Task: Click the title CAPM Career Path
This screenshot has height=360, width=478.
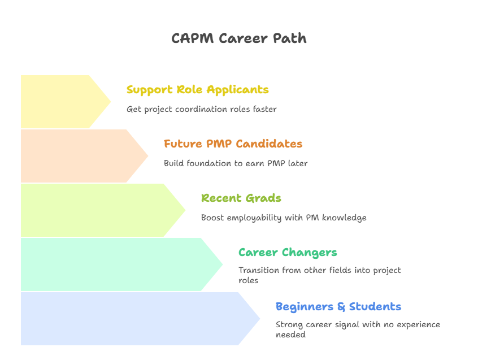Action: coord(239,38)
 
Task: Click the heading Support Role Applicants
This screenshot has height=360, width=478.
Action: coord(197,90)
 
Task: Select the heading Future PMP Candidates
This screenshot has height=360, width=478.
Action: coord(233,144)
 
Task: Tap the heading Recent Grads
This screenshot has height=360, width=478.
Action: coord(241,198)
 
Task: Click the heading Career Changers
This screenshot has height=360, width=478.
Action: coord(287,253)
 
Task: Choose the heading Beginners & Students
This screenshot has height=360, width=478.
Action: coord(338,307)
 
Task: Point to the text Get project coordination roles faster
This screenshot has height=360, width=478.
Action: coord(201,109)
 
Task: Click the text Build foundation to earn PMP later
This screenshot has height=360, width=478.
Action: coord(235,163)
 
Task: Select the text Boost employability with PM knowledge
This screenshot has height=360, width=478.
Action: coord(283,218)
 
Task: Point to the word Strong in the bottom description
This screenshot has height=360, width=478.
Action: coord(288,325)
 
